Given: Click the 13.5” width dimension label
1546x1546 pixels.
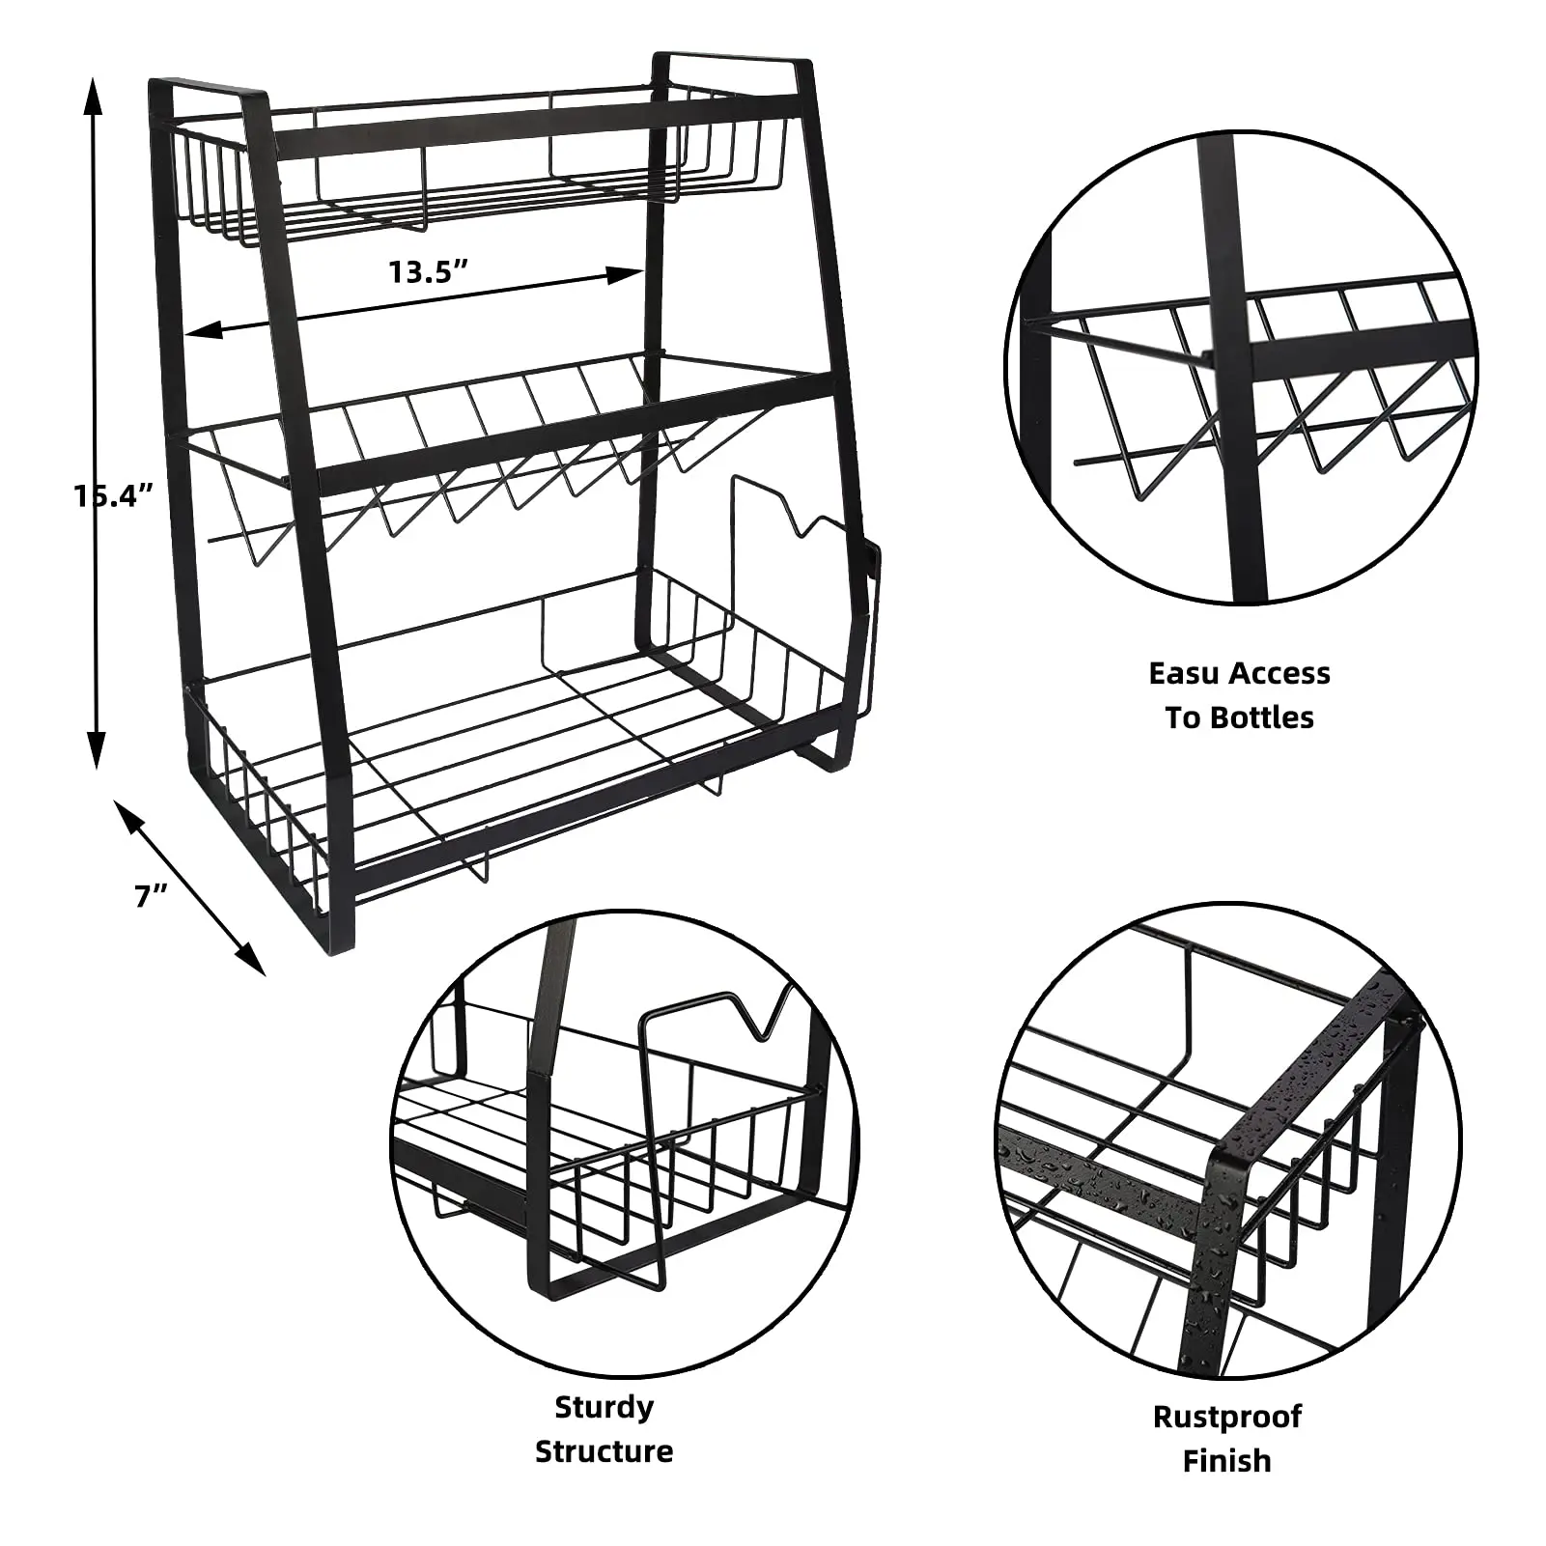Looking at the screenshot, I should point(428,271).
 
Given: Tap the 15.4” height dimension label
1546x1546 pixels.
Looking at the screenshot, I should point(115,495).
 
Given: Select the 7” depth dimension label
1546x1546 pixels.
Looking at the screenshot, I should point(152,896).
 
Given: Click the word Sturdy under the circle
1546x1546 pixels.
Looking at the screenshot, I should point(604,1407).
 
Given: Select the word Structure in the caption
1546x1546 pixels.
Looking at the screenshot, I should point(604,1451).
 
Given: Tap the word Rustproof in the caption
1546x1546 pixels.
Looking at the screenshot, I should point(1226,1417).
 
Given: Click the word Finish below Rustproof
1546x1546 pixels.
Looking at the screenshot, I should point(1226,1461).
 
